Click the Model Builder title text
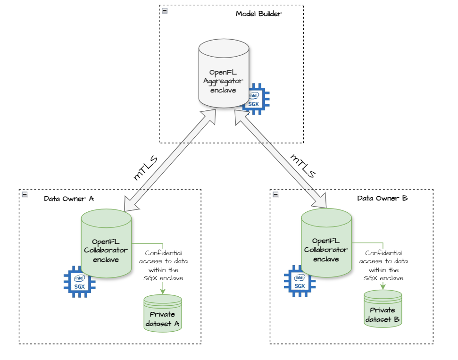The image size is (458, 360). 258,14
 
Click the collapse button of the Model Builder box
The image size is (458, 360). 165,11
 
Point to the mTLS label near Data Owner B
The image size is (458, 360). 302,166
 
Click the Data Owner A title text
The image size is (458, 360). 68,199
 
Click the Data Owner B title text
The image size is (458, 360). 382,198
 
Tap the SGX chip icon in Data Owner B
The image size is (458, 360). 299,281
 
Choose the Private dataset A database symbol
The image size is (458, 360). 163,314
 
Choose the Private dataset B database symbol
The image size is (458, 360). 383,309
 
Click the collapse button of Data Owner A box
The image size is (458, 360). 25,194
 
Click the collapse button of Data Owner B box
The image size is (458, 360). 275,194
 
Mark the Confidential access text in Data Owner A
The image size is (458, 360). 163,266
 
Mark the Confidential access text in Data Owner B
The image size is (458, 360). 383,266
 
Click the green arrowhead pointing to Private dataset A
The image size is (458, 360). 163,291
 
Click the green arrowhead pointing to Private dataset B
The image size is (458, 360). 383,286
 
